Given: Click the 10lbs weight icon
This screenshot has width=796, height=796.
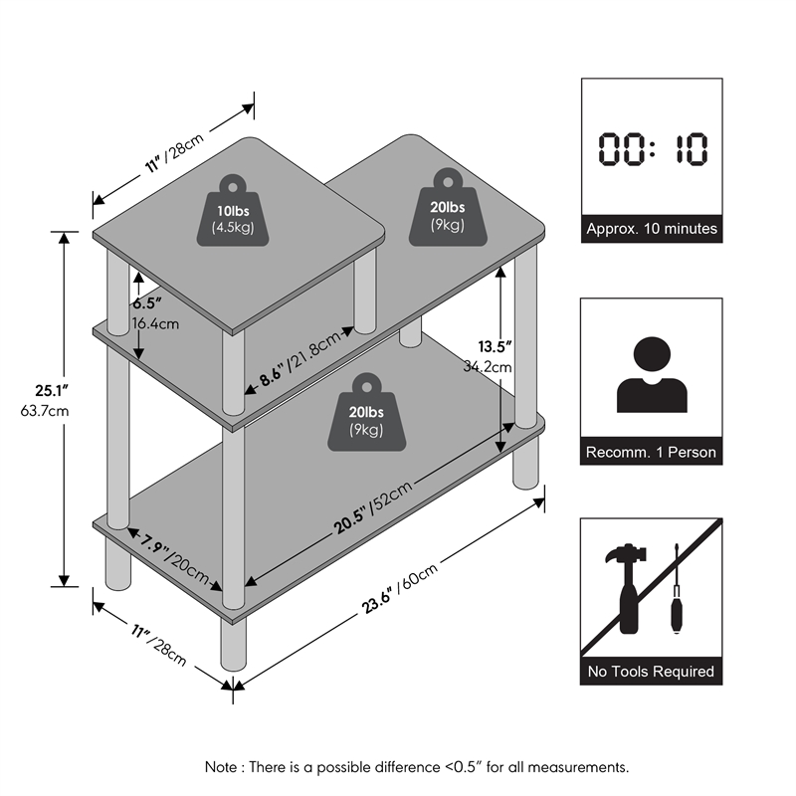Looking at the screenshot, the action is pos(233,211).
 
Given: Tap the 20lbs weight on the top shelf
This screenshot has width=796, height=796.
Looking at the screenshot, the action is pos(448,207).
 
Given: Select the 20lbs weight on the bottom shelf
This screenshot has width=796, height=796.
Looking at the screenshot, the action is pos(366,412).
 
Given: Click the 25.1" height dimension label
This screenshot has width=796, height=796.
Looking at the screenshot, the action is pos(52,390).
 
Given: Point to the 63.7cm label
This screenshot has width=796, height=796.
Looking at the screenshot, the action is pos(45,410).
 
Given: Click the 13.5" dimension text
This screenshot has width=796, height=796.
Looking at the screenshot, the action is pos(495,346).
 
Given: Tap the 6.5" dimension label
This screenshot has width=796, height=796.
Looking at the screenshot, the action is pos(147,303).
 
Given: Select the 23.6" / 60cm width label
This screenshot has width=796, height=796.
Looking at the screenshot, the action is pos(400,588).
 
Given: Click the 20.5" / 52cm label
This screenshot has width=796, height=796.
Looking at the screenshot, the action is pos(372,507).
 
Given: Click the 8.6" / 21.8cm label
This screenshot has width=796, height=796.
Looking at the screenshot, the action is pos(300,358).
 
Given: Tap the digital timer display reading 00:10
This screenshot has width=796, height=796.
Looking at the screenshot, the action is pos(653,148).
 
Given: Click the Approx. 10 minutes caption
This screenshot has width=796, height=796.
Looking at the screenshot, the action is pos(652,229).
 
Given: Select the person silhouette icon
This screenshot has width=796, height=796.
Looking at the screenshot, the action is pos(652,375).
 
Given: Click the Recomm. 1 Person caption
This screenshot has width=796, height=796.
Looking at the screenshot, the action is pos(651,452).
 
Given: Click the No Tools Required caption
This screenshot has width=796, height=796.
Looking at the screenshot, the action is pos(651,671).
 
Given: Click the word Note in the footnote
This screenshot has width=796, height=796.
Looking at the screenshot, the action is pos(221,766).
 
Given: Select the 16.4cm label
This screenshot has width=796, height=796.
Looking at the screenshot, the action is pos(155,323).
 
